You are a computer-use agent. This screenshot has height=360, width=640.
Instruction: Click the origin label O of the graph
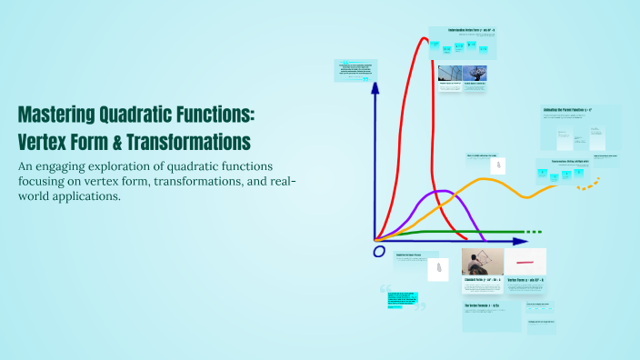[x=379, y=251]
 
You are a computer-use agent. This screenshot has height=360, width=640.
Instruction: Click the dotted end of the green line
[x=535, y=232]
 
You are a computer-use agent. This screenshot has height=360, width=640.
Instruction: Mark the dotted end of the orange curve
[x=590, y=185]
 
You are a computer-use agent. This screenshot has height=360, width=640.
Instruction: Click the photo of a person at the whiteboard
[x=482, y=262]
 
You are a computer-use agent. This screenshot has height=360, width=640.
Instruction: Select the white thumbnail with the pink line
[x=525, y=262]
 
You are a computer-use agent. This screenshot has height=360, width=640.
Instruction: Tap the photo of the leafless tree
[x=475, y=74]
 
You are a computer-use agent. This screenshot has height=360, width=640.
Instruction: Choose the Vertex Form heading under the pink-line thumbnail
[x=525, y=280]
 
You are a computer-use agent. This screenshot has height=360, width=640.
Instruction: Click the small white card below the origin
[x=438, y=269]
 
